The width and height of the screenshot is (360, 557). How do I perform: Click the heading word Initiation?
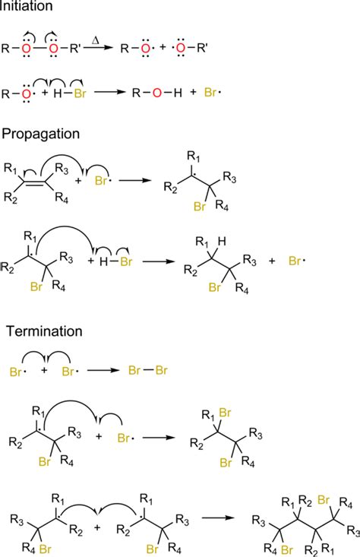(26, 5)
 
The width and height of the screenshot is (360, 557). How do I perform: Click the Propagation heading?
(40, 135)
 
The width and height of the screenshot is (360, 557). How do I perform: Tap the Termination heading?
(44, 331)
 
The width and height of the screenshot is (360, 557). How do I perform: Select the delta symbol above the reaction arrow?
(95, 40)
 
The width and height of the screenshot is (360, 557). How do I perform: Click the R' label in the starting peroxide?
(74, 49)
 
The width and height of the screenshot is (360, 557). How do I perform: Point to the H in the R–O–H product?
(178, 93)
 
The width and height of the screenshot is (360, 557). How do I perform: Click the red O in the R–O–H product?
(157, 93)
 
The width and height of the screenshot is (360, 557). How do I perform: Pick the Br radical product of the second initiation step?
(212, 93)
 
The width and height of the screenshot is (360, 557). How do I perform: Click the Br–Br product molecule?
(147, 371)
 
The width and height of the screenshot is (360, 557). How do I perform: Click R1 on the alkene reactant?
(11, 168)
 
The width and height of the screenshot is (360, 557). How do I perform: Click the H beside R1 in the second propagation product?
(222, 242)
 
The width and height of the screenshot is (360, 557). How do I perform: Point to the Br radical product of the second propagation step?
(297, 261)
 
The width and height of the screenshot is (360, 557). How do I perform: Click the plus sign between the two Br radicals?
(44, 371)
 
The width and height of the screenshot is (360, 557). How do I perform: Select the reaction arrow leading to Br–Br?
(103, 371)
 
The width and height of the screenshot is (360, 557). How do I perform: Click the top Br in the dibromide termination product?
(225, 413)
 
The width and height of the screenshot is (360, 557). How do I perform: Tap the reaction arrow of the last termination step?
(218, 517)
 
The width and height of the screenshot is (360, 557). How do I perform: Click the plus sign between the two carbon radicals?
(97, 527)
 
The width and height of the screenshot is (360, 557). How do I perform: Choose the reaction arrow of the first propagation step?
(135, 180)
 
